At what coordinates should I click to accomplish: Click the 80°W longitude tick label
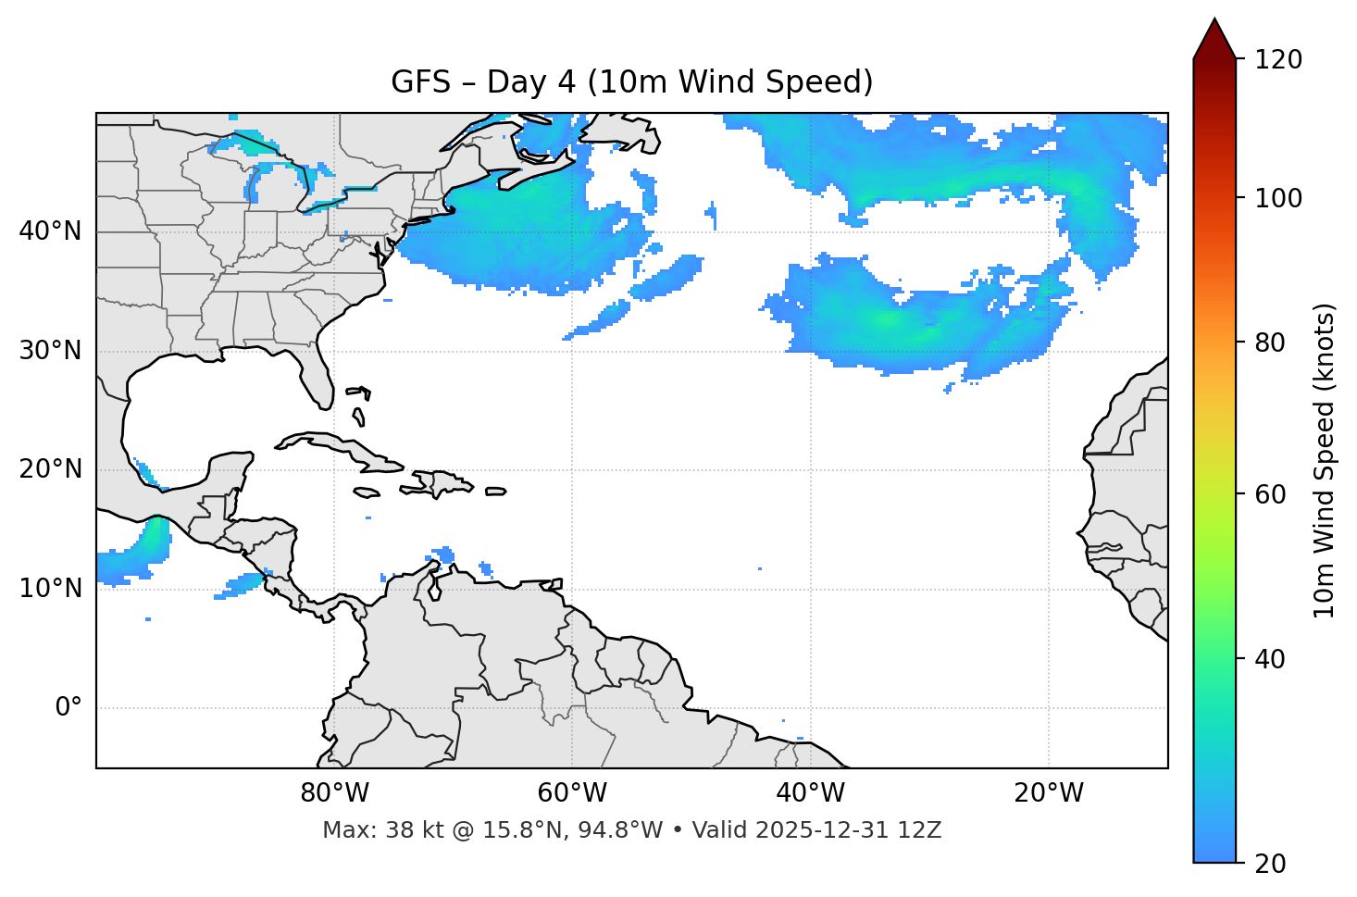tap(334, 793)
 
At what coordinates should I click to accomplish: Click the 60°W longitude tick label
tap(572, 793)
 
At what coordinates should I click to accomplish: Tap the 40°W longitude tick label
tap(810, 793)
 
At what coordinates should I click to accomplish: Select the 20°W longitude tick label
tap(1048, 793)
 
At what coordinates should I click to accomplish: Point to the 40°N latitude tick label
tap(50, 231)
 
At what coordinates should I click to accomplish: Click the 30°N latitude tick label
tap(50, 351)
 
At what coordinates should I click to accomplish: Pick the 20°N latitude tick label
tap(50, 469)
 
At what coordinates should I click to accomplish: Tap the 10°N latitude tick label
tap(50, 589)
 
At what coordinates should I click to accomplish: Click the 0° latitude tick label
tap(68, 708)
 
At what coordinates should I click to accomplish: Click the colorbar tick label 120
tap(1278, 60)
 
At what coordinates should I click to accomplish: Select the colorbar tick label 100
tap(1278, 198)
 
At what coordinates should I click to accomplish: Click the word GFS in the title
tap(420, 82)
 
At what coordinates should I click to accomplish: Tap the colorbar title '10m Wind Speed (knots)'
tap(1325, 460)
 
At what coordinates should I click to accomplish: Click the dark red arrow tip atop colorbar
tap(1214, 35)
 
